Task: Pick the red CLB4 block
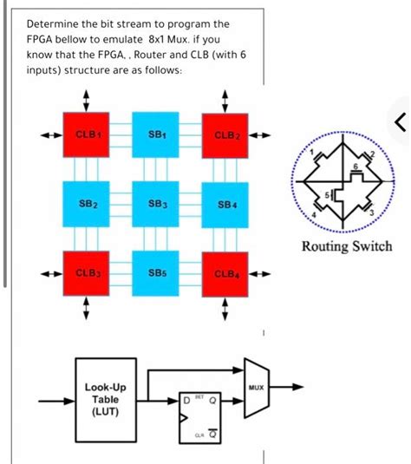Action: pyautogui.click(x=225, y=273)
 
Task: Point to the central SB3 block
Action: pyautogui.click(x=155, y=204)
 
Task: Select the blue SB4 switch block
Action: pyautogui.click(x=225, y=204)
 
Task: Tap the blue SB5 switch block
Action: pyautogui.click(x=155, y=273)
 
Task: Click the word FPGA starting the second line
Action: pyautogui.click(x=41, y=39)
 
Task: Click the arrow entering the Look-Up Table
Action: pyautogui.click(x=57, y=402)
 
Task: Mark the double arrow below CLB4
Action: pyautogui.click(x=225, y=308)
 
